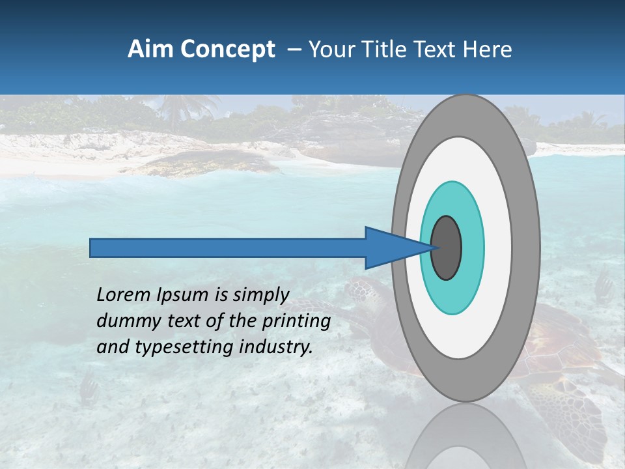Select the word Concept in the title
[228, 50]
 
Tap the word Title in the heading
[389, 50]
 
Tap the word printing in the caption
[296, 321]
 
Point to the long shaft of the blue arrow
[228, 248]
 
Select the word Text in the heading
[437, 50]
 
